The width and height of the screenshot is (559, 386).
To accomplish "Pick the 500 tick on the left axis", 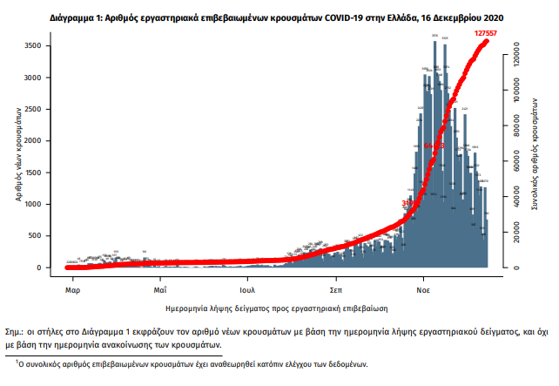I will [x=55, y=236].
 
